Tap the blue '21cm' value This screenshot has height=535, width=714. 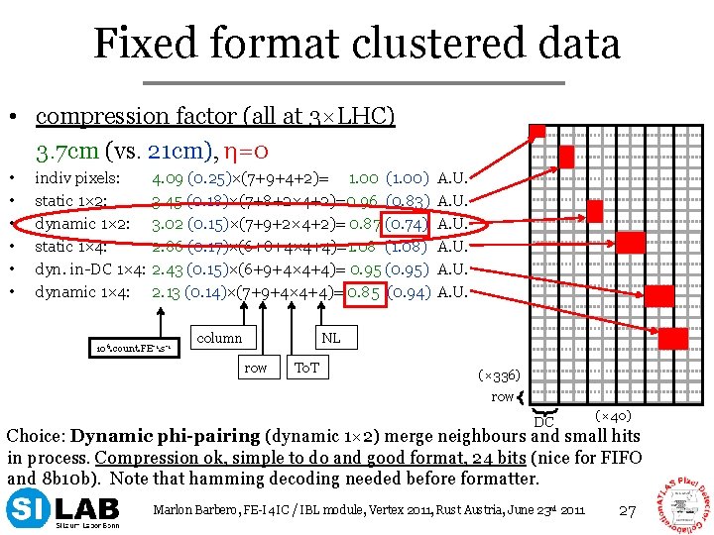click(x=175, y=151)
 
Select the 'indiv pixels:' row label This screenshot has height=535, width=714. click(x=77, y=179)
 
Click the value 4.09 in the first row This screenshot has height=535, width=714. click(x=167, y=179)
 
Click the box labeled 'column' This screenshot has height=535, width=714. click(x=219, y=338)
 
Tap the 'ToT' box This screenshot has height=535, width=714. click(x=305, y=368)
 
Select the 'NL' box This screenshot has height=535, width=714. click(x=330, y=338)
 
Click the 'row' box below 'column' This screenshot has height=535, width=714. click(x=255, y=368)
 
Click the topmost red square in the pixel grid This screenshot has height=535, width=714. click(x=536, y=133)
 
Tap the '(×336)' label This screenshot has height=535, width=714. click(x=498, y=375)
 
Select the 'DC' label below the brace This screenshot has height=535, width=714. click(x=544, y=422)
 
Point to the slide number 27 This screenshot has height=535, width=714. click(x=626, y=510)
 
